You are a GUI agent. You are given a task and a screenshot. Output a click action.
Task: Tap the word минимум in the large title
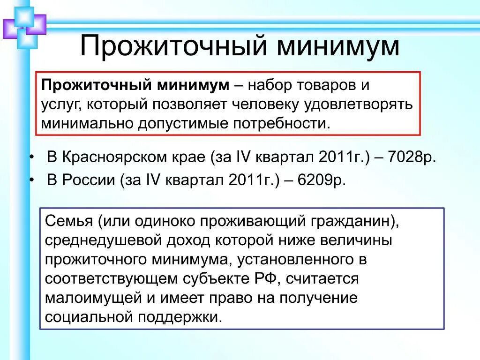tap(338, 46)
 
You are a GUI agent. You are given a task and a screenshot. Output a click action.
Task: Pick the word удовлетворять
tap(358, 105)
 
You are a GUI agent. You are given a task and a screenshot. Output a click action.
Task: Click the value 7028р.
tap(412, 157)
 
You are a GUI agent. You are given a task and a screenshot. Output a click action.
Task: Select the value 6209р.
tap(322, 180)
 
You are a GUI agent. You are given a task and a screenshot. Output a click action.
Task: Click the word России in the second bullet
tap(89, 180)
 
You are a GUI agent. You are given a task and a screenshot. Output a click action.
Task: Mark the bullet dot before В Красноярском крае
tap(31, 157)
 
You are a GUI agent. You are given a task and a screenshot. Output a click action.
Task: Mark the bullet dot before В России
tap(31, 180)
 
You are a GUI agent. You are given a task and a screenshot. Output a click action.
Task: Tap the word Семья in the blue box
tap(68, 221)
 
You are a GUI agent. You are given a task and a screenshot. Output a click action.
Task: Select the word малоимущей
tap(93, 298)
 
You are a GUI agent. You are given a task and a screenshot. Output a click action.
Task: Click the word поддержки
tap(180, 317)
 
